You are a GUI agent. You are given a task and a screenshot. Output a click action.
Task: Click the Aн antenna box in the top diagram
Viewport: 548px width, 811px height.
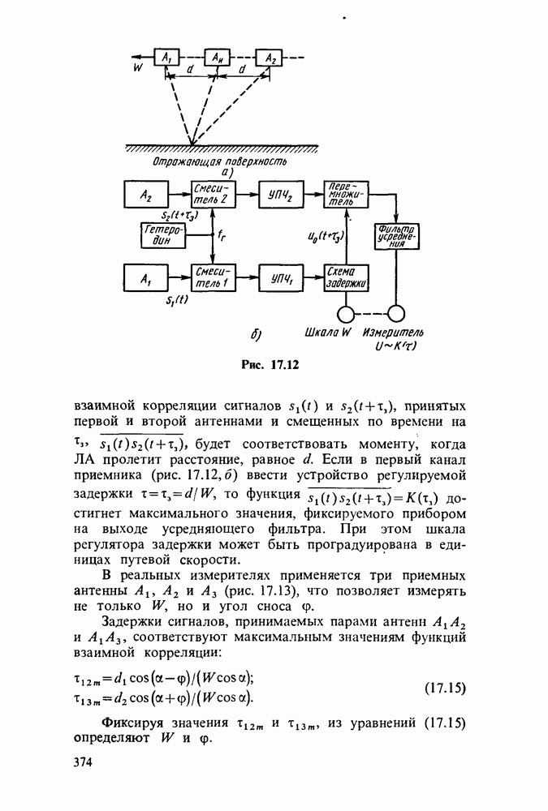click(x=218, y=58)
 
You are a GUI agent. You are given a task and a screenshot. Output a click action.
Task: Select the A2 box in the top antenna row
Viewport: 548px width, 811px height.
click(x=269, y=58)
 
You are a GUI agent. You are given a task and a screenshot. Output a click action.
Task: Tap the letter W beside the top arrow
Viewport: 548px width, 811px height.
click(x=138, y=69)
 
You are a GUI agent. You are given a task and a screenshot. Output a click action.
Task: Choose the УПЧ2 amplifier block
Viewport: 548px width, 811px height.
click(x=278, y=195)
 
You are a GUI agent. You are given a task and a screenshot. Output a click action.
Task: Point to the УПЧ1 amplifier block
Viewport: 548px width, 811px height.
click(x=278, y=277)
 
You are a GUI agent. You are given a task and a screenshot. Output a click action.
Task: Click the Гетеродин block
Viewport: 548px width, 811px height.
click(x=163, y=235)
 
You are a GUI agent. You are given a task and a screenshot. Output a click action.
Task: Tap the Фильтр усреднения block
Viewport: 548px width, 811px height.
click(x=395, y=237)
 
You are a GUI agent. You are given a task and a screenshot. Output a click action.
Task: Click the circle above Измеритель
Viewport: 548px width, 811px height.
click(x=395, y=315)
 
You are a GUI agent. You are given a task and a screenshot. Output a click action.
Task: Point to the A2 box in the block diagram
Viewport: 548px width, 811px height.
click(x=146, y=195)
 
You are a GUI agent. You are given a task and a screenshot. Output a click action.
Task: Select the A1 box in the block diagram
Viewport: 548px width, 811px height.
click(x=146, y=277)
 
